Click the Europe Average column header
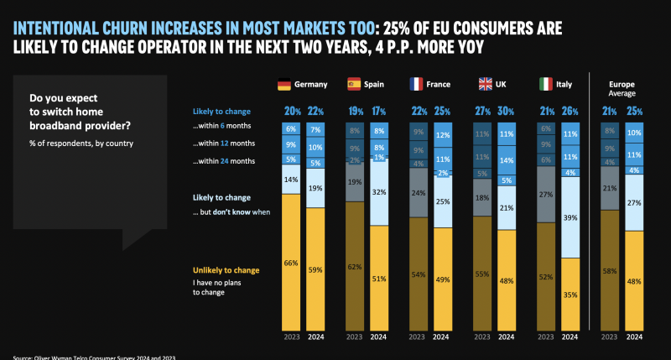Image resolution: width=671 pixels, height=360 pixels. point(622,89)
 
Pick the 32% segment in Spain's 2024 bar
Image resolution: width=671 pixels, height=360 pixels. point(377,192)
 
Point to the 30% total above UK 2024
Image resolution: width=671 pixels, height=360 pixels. point(506,112)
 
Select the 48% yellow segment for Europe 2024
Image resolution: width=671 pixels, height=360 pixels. point(635,282)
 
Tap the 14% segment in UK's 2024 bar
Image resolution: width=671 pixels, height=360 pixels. point(506,159)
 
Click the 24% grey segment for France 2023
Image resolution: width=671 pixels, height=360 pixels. point(417,193)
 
